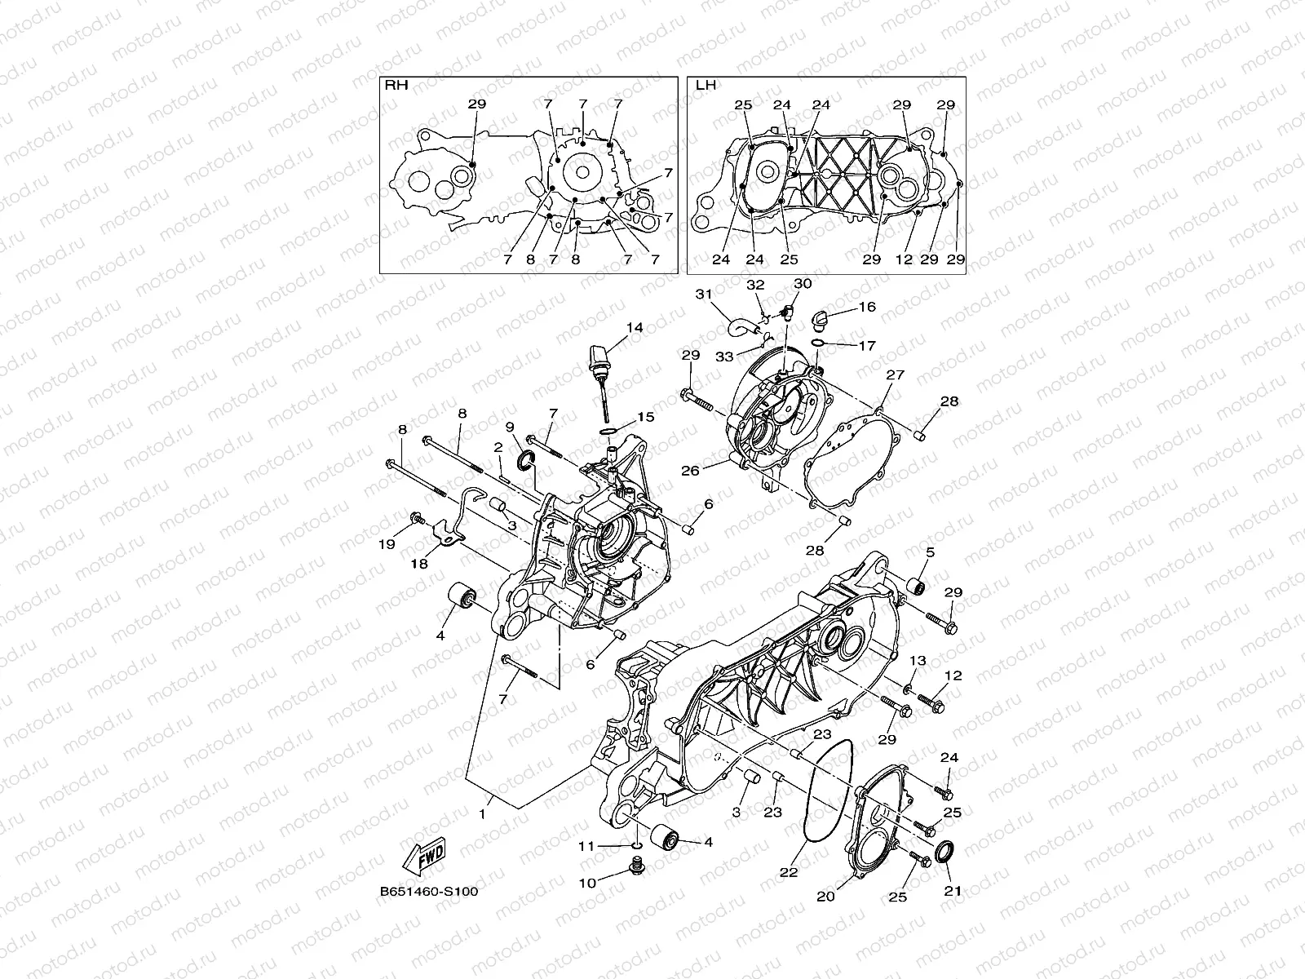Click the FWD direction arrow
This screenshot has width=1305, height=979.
pos(422,854)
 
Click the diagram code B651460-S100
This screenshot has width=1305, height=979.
pos(427,891)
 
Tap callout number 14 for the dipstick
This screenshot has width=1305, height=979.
pos(635,327)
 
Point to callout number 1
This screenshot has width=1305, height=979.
pos(481,813)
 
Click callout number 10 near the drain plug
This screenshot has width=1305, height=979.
pos(588,882)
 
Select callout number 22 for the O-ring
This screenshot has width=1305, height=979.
pos(787,871)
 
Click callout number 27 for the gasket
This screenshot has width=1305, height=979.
pos(896,374)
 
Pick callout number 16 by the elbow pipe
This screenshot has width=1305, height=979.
pos(866,307)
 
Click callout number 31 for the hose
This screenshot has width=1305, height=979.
pos(704,294)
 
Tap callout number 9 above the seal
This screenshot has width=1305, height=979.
pos(510,426)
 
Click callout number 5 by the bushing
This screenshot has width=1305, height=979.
pos(929,552)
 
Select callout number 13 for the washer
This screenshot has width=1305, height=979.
pos(918,660)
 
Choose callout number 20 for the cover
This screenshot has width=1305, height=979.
pos(825,896)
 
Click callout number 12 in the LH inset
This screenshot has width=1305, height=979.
pos(903,259)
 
